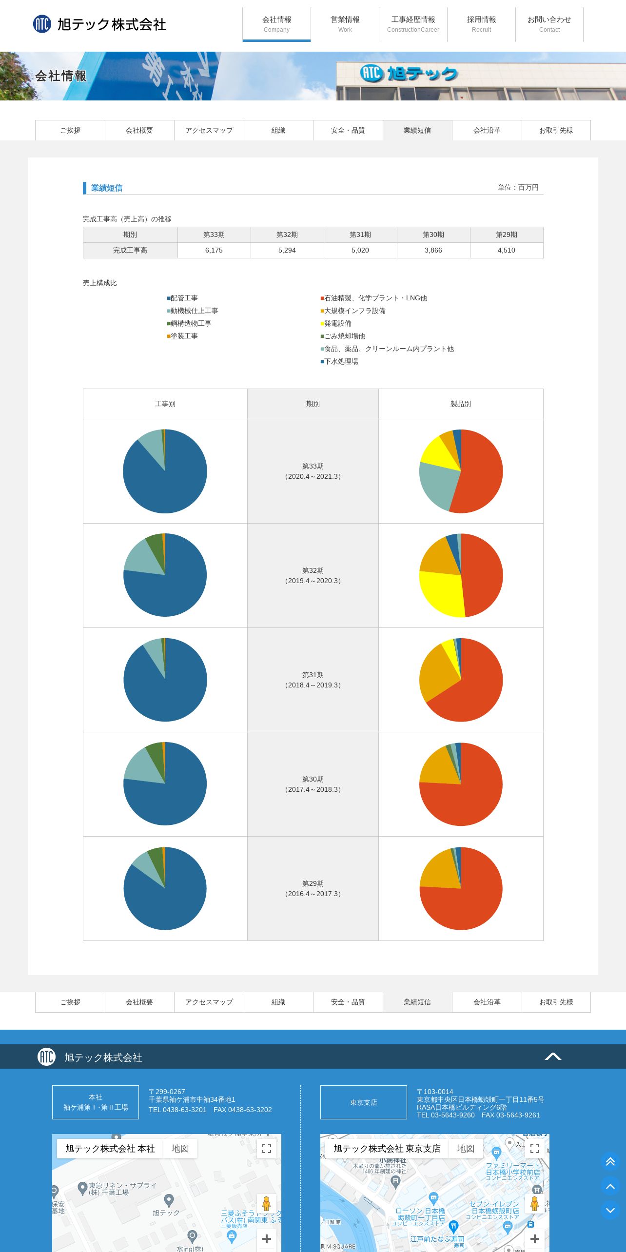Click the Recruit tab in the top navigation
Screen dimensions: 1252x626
click(481, 24)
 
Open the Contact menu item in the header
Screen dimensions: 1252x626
click(549, 24)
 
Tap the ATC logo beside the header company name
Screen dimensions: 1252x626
click(42, 24)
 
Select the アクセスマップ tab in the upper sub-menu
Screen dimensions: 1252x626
click(209, 130)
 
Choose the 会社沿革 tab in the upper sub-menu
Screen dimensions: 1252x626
click(487, 130)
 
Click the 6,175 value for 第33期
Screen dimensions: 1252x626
click(214, 250)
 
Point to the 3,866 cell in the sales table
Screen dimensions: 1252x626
click(433, 250)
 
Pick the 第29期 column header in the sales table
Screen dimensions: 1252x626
click(507, 235)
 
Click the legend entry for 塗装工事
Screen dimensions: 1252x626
click(184, 336)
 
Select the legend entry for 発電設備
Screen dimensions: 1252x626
click(337, 323)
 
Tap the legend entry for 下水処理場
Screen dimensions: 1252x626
click(341, 361)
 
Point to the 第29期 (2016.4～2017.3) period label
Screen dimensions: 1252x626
click(313, 888)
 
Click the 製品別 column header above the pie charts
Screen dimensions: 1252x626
click(460, 404)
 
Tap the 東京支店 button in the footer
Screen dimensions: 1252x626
click(363, 1102)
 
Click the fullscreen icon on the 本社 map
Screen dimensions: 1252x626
click(267, 1149)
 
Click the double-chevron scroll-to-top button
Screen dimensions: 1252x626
click(610, 1162)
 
